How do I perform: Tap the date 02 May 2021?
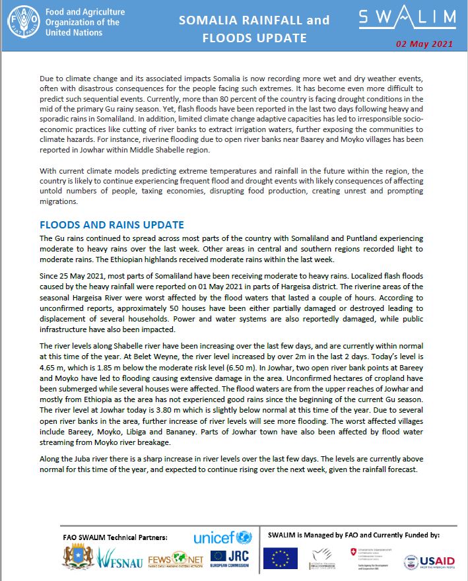click(424, 44)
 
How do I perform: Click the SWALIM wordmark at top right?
click(407, 18)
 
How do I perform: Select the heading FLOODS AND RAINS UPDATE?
click(112, 225)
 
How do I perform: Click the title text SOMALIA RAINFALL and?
click(254, 20)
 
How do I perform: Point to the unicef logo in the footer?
click(222, 538)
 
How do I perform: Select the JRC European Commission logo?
click(230, 560)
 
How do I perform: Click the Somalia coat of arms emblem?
click(78, 558)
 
